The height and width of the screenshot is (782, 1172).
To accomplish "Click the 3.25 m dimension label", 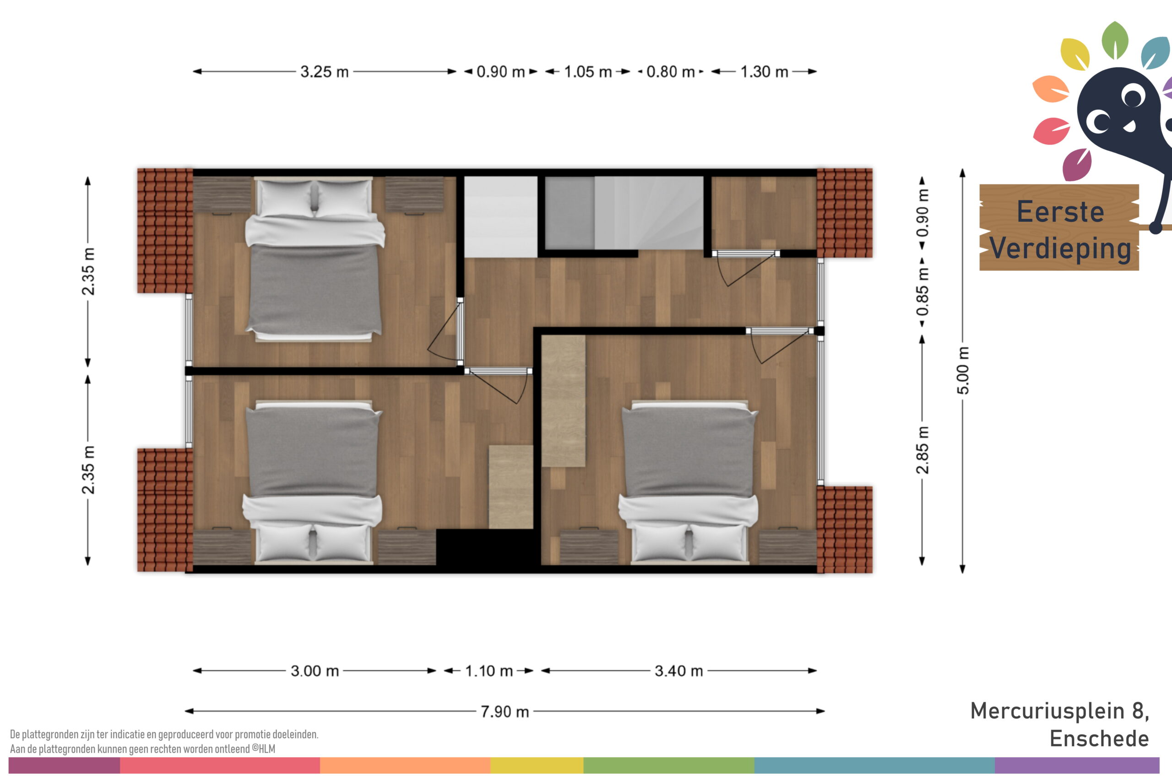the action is (324, 72).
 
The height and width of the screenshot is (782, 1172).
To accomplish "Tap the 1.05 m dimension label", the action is (588, 72).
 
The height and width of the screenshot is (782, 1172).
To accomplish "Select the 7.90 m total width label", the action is (505, 711).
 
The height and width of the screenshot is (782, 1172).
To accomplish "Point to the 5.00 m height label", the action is (963, 370).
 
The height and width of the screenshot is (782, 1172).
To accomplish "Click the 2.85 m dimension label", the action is (922, 450).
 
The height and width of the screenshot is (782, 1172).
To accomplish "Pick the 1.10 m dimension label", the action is (489, 671).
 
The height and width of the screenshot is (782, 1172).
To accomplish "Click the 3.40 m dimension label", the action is (678, 671).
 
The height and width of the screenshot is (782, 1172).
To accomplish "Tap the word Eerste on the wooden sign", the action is (1060, 211).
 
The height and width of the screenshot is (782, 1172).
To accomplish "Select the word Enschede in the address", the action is (1099, 739).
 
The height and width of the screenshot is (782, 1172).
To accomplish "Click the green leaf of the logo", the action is (1115, 40).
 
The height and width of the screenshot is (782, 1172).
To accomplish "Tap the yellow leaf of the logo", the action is (1075, 54).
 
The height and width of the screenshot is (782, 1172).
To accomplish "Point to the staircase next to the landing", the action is (624, 212).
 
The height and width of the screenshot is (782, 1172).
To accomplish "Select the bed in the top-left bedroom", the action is (315, 259).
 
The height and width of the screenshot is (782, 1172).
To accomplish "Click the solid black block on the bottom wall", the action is (488, 547).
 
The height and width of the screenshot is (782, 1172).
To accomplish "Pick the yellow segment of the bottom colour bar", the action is (537, 766).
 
